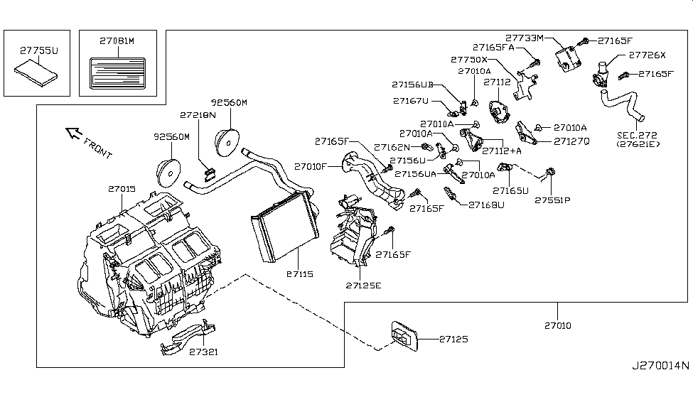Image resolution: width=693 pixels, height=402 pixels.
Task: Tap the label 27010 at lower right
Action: click(558, 326)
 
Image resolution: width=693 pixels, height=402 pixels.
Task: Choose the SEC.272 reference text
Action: click(637, 135)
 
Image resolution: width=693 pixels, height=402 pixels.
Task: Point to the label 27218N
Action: click(198, 114)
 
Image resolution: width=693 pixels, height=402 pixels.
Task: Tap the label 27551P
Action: click(553, 200)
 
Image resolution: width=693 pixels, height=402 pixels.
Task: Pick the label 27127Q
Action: click(571, 141)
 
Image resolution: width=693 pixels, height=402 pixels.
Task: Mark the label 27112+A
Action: click(502, 151)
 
